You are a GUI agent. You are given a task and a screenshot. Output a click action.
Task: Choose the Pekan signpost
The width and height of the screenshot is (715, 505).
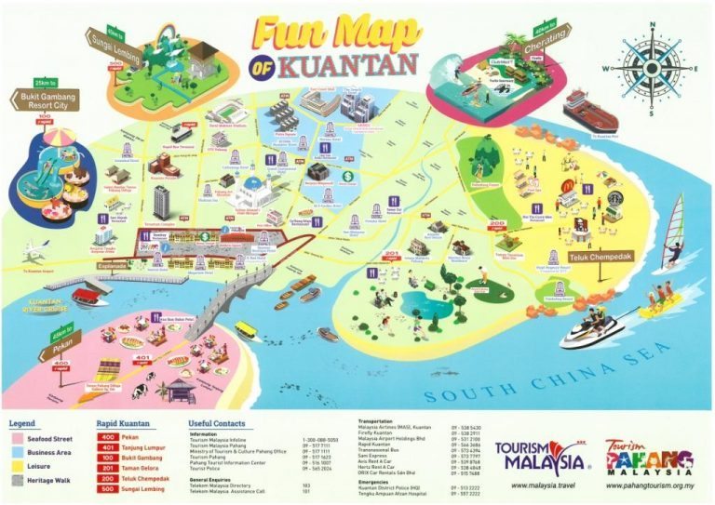pyautogui.click(x=59, y=342)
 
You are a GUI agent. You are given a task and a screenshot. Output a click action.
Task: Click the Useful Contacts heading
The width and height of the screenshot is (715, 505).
pyautogui.click(x=221, y=424)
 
